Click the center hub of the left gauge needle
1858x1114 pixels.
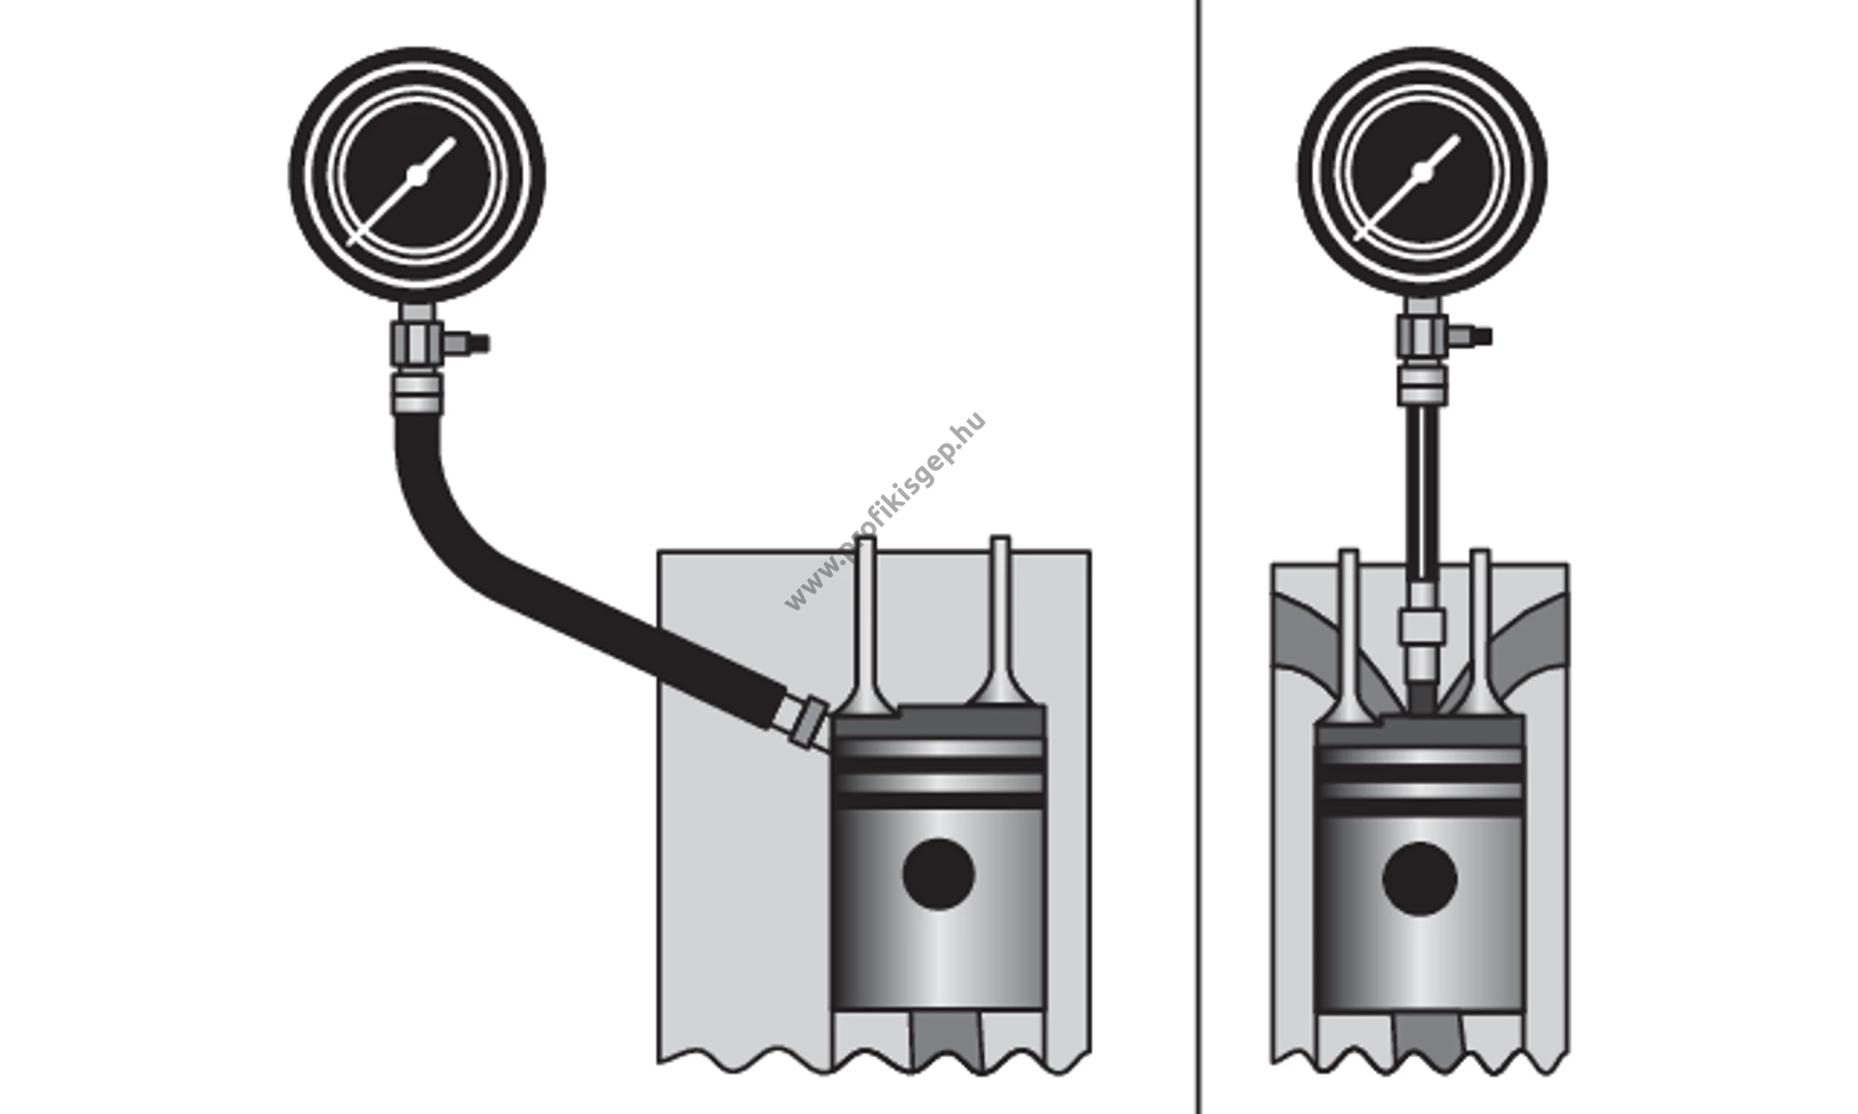[417, 176]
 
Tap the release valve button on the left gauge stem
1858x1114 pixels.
[466, 344]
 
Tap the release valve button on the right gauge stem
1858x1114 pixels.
[1470, 337]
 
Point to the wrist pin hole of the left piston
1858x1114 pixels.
[938, 875]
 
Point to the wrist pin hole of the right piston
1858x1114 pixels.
[1420, 879]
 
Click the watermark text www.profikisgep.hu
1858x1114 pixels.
[885, 511]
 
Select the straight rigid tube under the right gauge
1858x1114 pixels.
[1423, 495]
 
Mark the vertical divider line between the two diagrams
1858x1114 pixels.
[1198, 557]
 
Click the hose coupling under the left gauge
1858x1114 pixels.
[417, 394]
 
